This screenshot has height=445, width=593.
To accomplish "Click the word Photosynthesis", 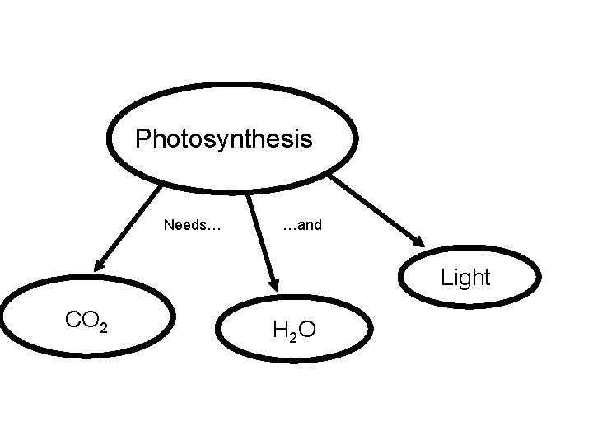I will click(x=224, y=138).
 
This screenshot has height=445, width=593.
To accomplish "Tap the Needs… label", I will click(x=192, y=224).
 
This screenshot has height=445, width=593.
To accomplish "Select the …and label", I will click(x=301, y=224).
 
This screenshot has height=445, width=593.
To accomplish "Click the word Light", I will click(x=465, y=278).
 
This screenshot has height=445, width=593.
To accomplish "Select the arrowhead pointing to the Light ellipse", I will click(x=418, y=241).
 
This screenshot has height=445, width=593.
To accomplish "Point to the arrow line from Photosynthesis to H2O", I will click(x=262, y=239).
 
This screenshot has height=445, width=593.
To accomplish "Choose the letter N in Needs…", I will click(x=169, y=224).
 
